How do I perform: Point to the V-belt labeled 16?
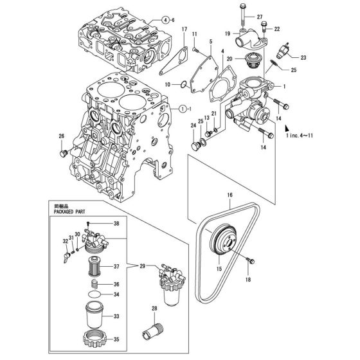pos(257,219)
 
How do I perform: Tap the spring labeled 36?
pos(93,284)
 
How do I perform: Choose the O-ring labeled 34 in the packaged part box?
pos(93,295)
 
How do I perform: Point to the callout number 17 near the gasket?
pos(183,29)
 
